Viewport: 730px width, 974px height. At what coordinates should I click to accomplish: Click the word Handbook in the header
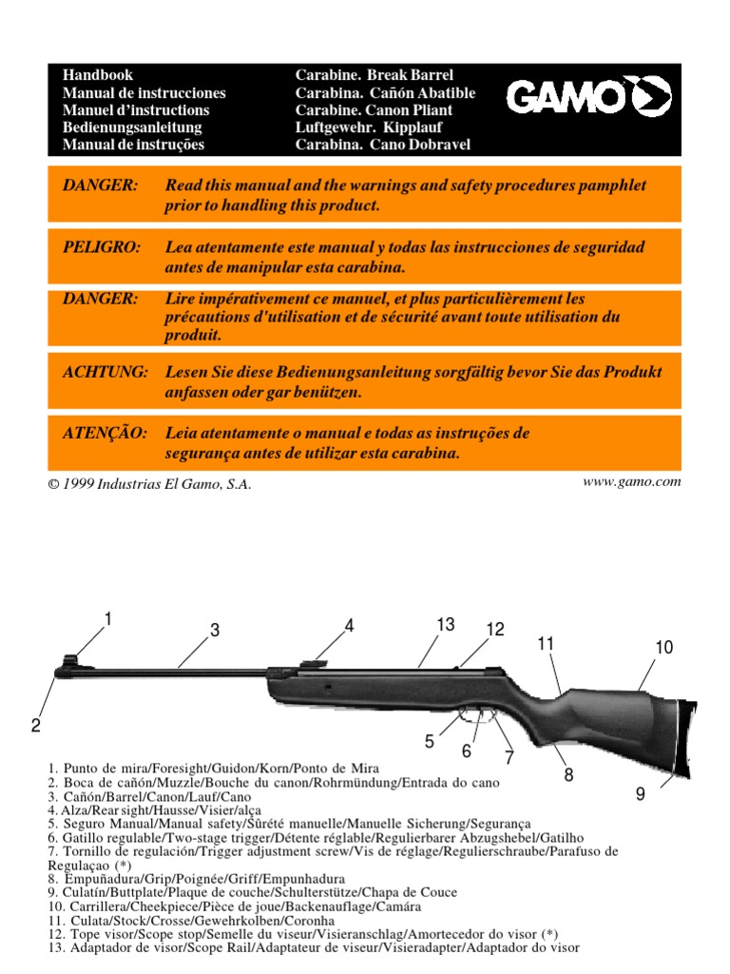[x=98, y=75]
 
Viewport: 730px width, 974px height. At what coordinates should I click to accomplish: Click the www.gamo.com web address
[x=631, y=481]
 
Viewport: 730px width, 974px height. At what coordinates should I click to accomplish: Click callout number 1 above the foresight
[x=108, y=619]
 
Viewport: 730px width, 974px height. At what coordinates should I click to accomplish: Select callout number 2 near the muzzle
[x=35, y=726]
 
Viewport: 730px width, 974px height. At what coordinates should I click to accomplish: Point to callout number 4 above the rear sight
[x=349, y=625]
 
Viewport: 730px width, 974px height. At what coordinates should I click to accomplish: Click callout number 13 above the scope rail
[x=446, y=624]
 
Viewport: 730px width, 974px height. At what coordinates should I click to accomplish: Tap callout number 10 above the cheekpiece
[x=663, y=648]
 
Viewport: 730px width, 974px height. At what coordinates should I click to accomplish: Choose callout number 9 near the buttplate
[x=641, y=793]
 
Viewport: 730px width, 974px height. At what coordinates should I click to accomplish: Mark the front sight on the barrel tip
[x=69, y=660]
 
